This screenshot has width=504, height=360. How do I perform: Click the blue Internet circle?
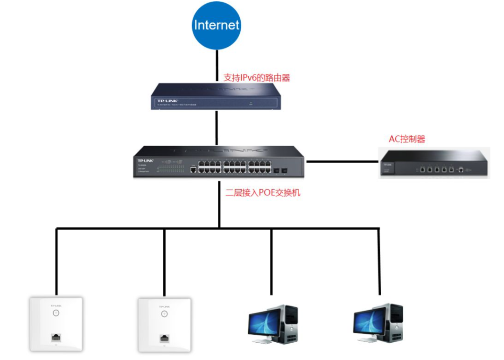pos(217,25)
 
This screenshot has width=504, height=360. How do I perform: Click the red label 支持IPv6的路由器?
pos(257,78)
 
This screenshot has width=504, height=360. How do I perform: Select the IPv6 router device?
pos(217,96)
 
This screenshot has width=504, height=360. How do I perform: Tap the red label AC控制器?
pos(407,139)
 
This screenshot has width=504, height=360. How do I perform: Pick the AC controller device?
pos(434,162)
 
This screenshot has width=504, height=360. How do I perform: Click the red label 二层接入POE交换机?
pos(263,192)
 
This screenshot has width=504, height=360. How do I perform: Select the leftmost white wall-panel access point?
pos(56,324)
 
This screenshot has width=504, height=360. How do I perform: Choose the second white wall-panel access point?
pos(164,324)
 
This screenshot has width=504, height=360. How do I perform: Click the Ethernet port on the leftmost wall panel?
pos(56,337)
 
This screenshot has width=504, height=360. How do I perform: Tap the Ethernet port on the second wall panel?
pos(164,337)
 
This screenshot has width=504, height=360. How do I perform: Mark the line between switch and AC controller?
pos(342,162)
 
